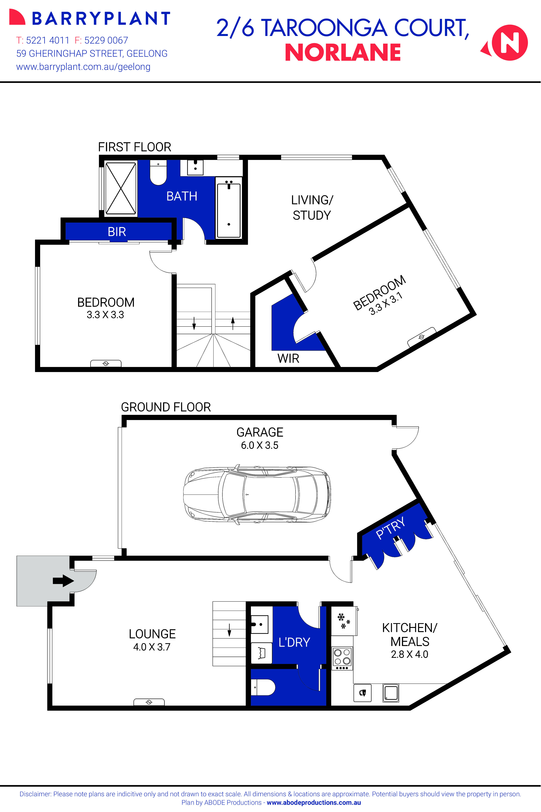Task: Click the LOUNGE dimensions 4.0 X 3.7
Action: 152,647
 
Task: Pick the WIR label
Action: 288,359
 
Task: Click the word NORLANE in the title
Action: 343,53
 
